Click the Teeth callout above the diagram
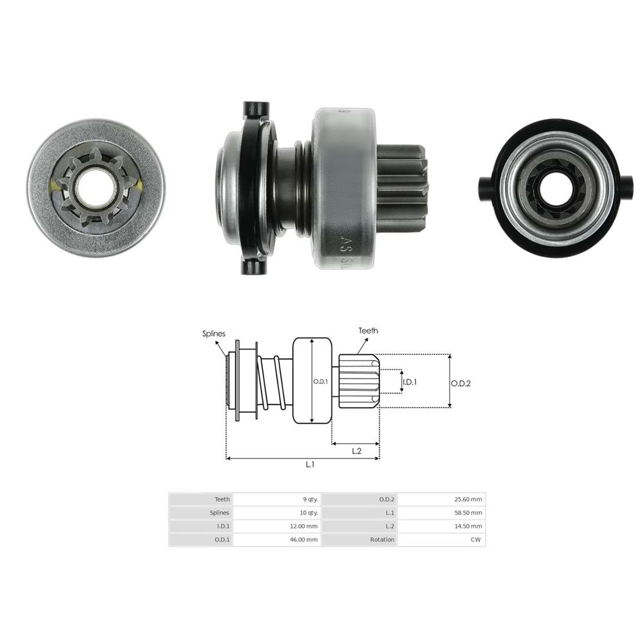point(368,331)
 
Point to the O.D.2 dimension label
point(460,383)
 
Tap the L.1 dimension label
point(310,464)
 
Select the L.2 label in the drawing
point(356,451)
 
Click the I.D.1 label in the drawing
point(410,381)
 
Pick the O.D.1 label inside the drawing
point(321,381)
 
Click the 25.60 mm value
point(468,499)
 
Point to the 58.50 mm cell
point(468,513)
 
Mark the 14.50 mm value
point(468,526)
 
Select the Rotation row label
point(383,540)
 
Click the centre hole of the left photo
point(95,187)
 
